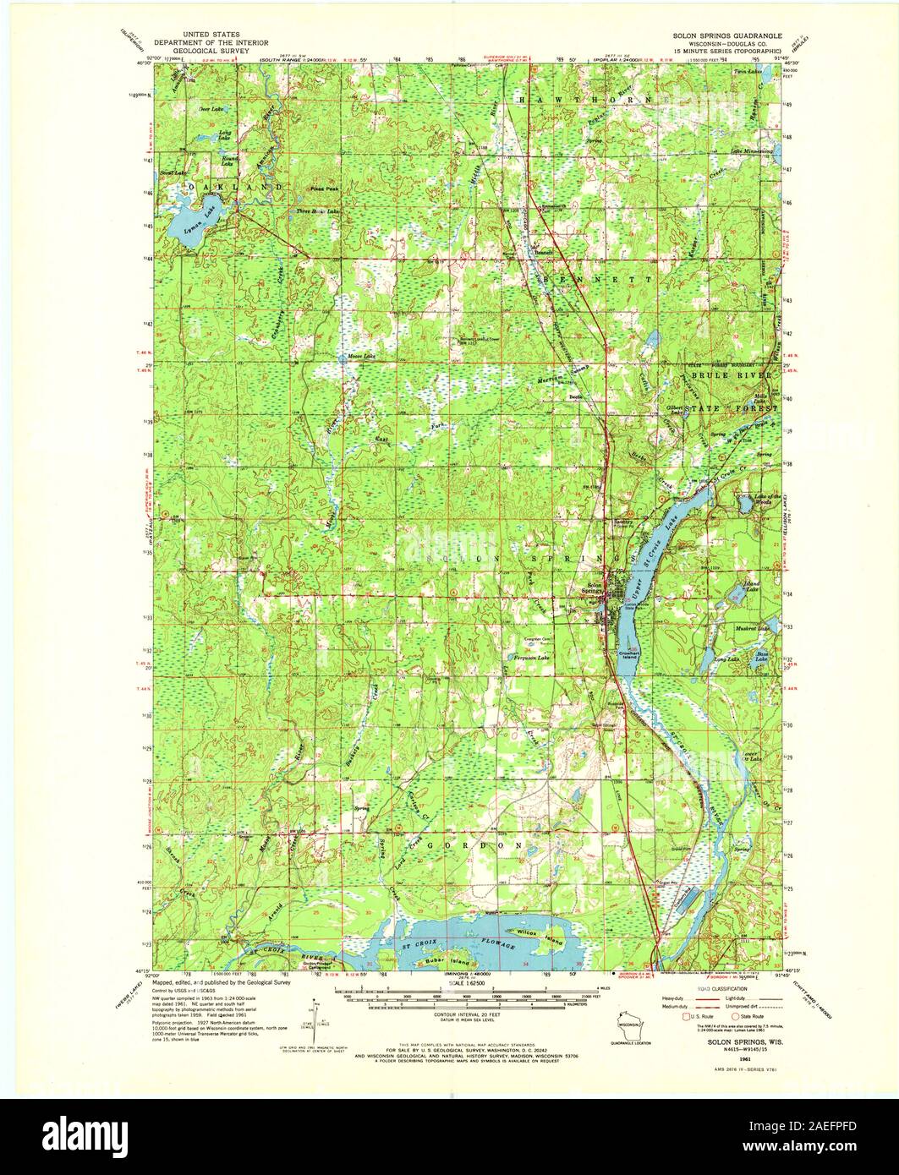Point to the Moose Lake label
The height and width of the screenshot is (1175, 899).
tap(361, 357)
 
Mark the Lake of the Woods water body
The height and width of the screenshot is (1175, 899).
tap(745, 504)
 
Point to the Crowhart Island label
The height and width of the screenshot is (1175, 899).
tap(632, 654)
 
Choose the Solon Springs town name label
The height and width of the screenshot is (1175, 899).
tap(595, 588)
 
